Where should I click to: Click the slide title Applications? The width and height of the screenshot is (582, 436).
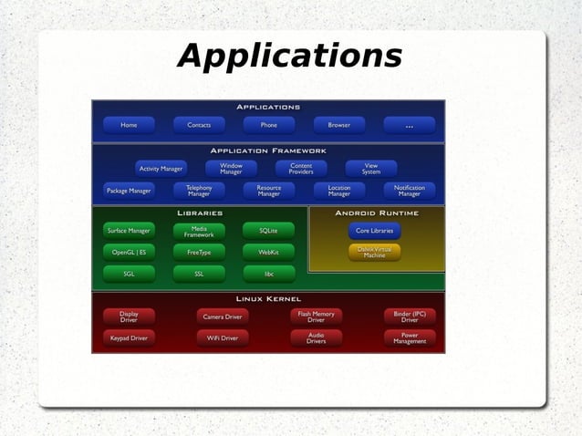tap(290, 57)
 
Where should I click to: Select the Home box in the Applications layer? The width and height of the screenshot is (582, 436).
tap(129, 125)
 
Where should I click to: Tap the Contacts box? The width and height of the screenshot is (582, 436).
tap(199, 125)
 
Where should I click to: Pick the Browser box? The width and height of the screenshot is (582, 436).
tap(338, 125)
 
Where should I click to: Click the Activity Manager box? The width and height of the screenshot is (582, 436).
tap(161, 169)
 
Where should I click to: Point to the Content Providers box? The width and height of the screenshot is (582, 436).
tap(301, 169)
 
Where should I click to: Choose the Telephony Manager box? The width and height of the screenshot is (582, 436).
tap(199, 191)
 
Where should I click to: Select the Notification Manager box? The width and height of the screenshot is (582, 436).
tap(409, 191)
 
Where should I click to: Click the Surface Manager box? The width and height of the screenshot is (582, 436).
tap(129, 231)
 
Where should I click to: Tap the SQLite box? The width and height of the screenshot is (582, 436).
tap(268, 231)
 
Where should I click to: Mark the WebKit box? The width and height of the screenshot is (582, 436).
tap(268, 252)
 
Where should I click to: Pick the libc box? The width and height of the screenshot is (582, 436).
tap(268, 273)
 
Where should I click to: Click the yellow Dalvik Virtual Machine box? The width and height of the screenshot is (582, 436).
tap(374, 253)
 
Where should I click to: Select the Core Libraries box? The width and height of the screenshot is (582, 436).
tap(374, 231)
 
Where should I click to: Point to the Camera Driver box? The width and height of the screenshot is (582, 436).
tap(223, 317)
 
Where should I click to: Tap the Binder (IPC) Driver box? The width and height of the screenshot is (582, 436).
tap(409, 317)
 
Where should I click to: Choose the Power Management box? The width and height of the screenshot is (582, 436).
tap(409, 337)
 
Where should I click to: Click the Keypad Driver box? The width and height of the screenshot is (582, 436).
tap(129, 337)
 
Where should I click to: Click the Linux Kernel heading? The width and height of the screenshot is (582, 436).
tap(268, 298)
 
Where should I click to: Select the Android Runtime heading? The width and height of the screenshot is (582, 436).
tap(377, 213)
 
